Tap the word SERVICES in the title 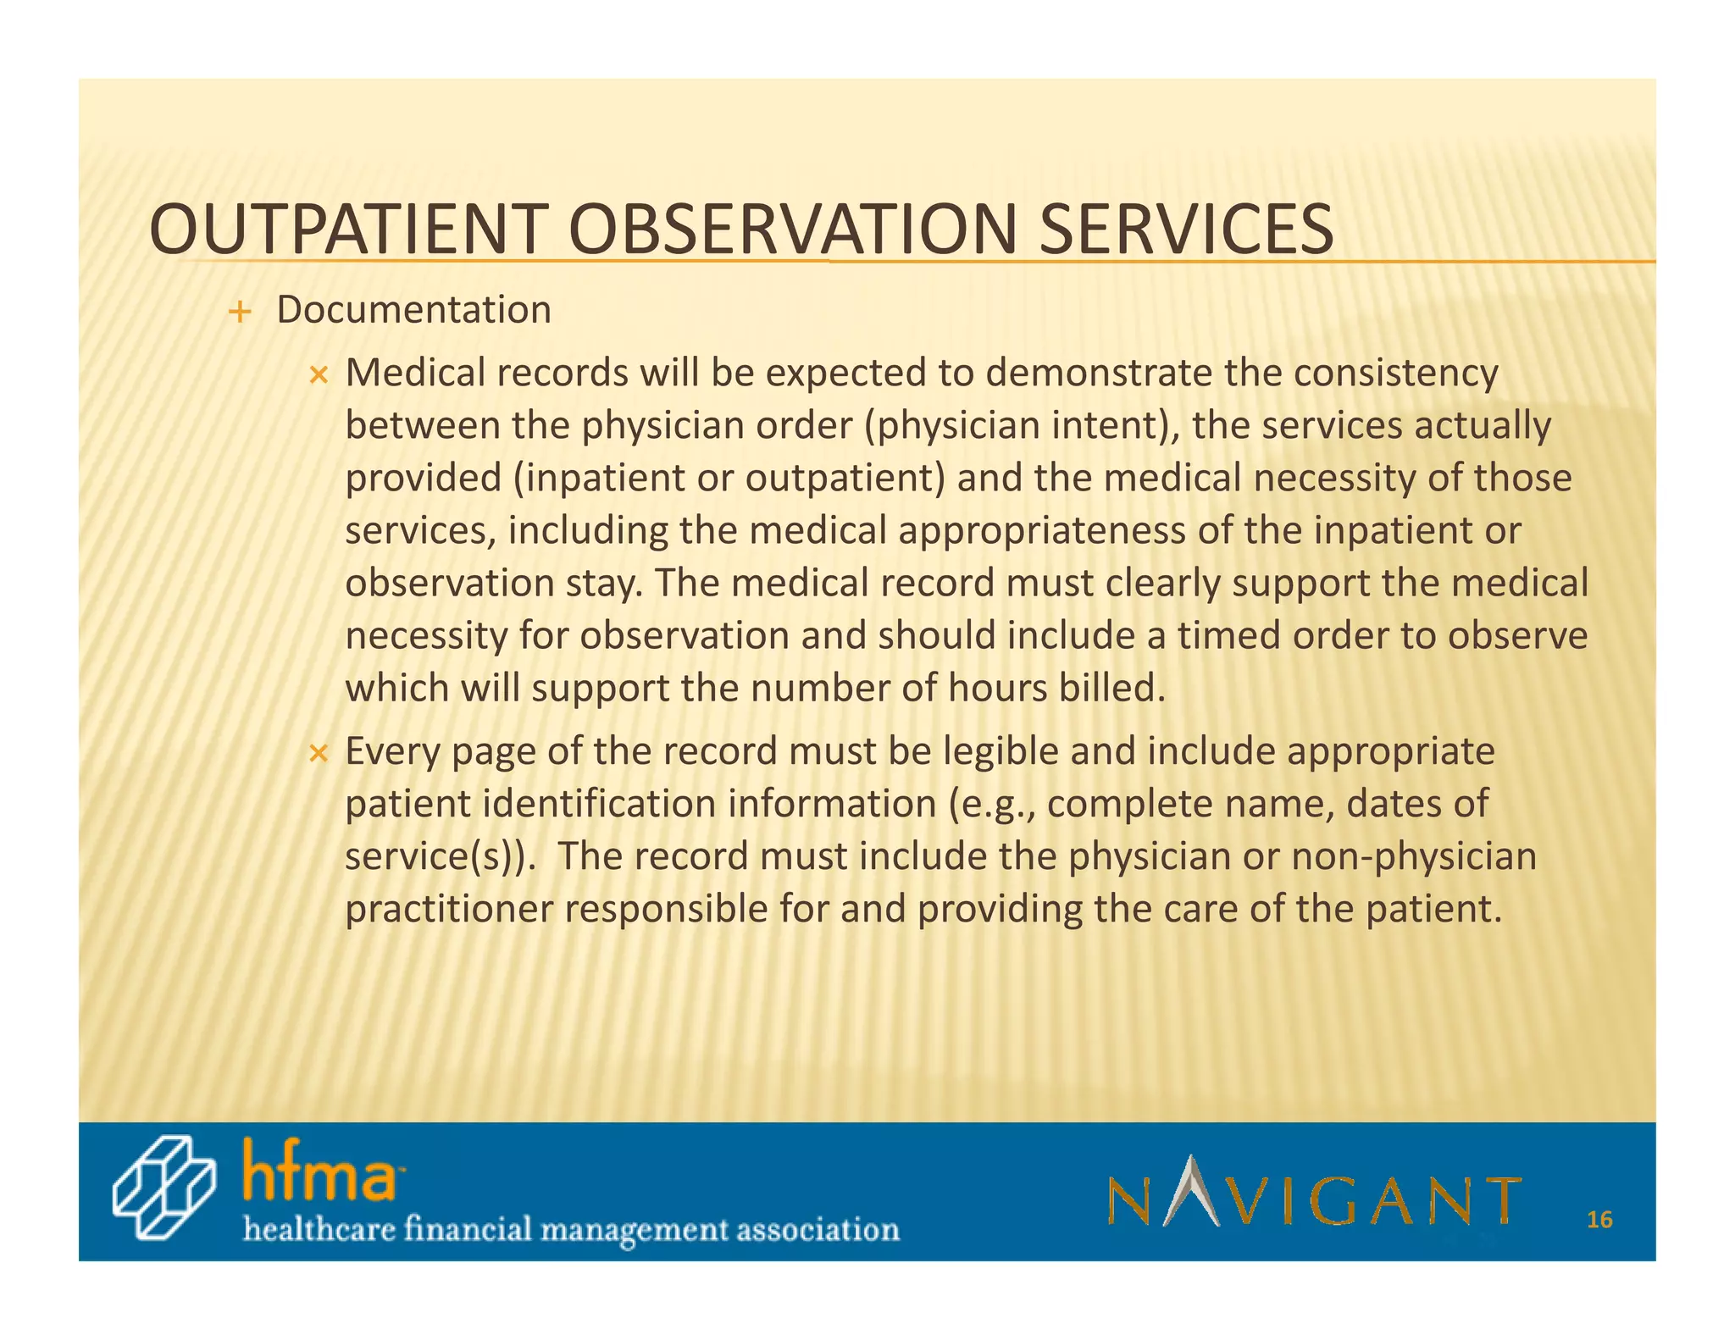(1186, 230)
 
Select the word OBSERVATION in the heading (793, 230)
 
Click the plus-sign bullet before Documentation (241, 313)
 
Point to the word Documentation (413, 310)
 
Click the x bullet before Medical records (318, 374)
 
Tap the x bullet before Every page (318, 752)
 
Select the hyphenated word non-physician (1413, 857)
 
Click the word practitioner (449, 910)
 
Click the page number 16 (1599, 1220)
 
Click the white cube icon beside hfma (164, 1188)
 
